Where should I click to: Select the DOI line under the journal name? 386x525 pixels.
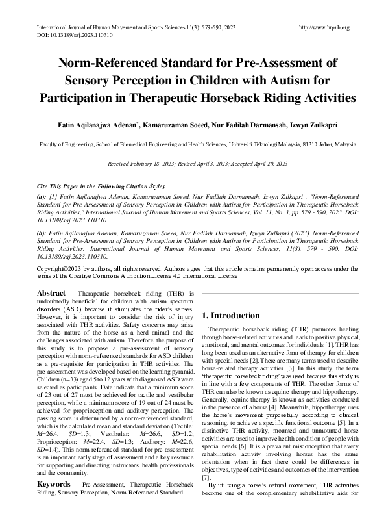coord(65,35)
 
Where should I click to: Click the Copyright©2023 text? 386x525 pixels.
coord(62,268)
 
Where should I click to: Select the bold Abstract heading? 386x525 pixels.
coord(51,294)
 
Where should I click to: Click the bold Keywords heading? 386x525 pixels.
coord(54,485)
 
